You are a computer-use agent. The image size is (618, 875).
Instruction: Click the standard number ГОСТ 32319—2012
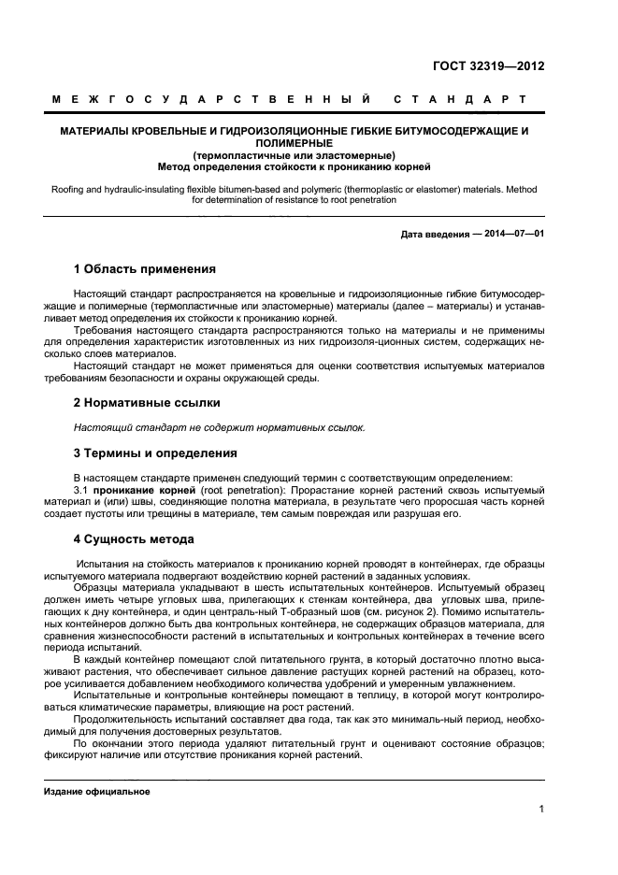pyautogui.click(x=488, y=66)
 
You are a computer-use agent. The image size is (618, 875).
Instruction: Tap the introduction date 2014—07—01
pyautogui.click(x=513, y=235)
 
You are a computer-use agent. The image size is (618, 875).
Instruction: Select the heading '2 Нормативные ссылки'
pyautogui.click(x=147, y=403)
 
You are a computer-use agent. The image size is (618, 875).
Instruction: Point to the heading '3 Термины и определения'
pyautogui.click(x=155, y=453)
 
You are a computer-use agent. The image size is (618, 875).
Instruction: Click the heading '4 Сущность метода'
pyautogui.click(x=134, y=539)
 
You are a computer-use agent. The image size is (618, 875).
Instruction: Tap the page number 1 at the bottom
pyautogui.click(x=541, y=809)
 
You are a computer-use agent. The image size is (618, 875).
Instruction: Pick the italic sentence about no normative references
pyautogui.click(x=219, y=427)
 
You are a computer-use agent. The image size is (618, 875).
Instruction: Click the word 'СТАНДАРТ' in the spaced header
pyautogui.click(x=460, y=98)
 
